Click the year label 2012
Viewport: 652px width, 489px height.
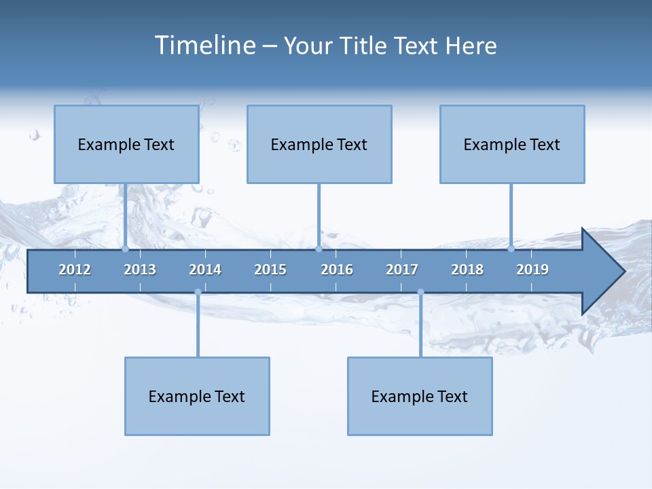(75, 270)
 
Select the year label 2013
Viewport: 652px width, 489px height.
(140, 270)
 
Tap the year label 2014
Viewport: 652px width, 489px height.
(205, 270)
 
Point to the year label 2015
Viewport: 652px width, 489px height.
(270, 270)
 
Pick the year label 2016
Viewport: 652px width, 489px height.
(337, 270)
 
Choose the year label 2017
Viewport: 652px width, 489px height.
(402, 270)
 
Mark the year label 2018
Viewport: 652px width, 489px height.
(467, 270)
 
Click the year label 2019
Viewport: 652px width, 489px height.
(532, 270)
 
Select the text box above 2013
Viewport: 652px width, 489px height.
(126, 144)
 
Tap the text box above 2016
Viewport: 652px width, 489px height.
(319, 144)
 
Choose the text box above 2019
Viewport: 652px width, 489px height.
(512, 144)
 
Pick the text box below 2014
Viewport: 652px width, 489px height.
(197, 396)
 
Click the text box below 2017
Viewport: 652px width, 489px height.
(420, 396)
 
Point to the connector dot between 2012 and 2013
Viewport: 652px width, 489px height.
(126, 249)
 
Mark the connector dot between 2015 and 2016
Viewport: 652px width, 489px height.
(319, 249)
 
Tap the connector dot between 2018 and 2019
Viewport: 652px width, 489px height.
(511, 249)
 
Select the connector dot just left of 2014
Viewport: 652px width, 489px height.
(198, 292)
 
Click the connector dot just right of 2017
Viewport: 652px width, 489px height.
(420, 292)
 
